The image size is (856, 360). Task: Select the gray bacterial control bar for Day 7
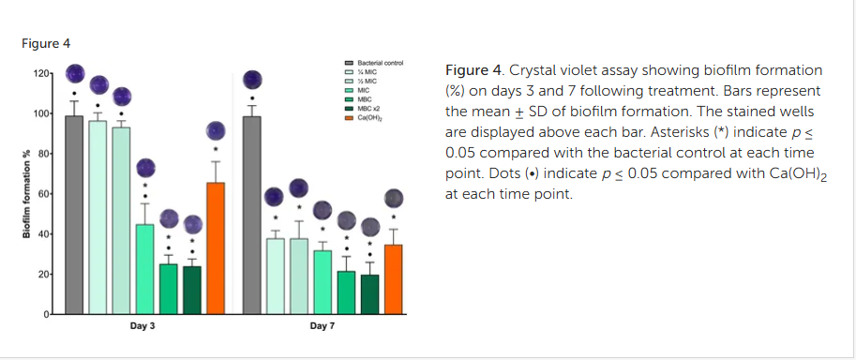(x=251, y=215)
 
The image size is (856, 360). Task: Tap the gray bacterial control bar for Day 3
(x=74, y=215)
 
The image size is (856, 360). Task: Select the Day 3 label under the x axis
(x=143, y=326)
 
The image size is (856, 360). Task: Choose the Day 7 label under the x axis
(x=322, y=326)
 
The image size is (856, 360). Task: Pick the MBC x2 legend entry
(x=367, y=110)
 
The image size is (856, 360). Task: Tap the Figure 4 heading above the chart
(x=45, y=43)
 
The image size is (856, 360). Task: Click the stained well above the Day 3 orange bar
(x=216, y=131)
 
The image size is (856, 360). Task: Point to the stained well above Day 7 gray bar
(x=252, y=80)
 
